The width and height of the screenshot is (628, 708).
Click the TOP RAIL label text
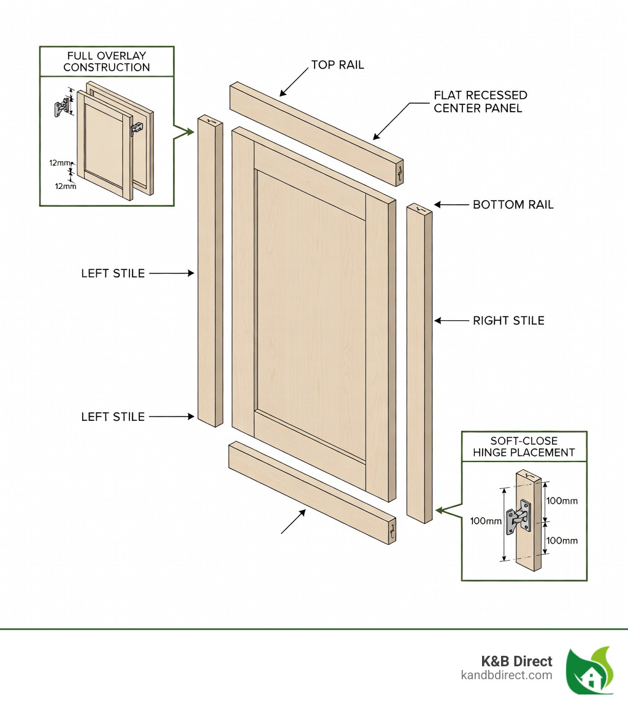[337, 64]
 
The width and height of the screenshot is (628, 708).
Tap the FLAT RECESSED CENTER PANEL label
[480, 102]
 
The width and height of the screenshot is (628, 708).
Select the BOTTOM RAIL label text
[513, 204]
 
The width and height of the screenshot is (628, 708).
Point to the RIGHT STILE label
[508, 320]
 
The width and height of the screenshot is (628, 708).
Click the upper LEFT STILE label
[113, 274]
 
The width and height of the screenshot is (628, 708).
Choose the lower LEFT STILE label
[113, 417]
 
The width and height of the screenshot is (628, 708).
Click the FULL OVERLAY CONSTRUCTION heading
[107, 61]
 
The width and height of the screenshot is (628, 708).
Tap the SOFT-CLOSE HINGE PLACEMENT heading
[524, 447]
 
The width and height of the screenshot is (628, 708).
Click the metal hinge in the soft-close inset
[517, 517]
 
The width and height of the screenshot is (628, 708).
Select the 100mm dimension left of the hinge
[486, 521]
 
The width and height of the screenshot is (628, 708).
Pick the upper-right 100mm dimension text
[562, 501]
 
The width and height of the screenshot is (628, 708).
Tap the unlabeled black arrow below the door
[293, 521]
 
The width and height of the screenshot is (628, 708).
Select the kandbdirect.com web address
[507, 675]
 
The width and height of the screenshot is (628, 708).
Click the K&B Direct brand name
[516, 661]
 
